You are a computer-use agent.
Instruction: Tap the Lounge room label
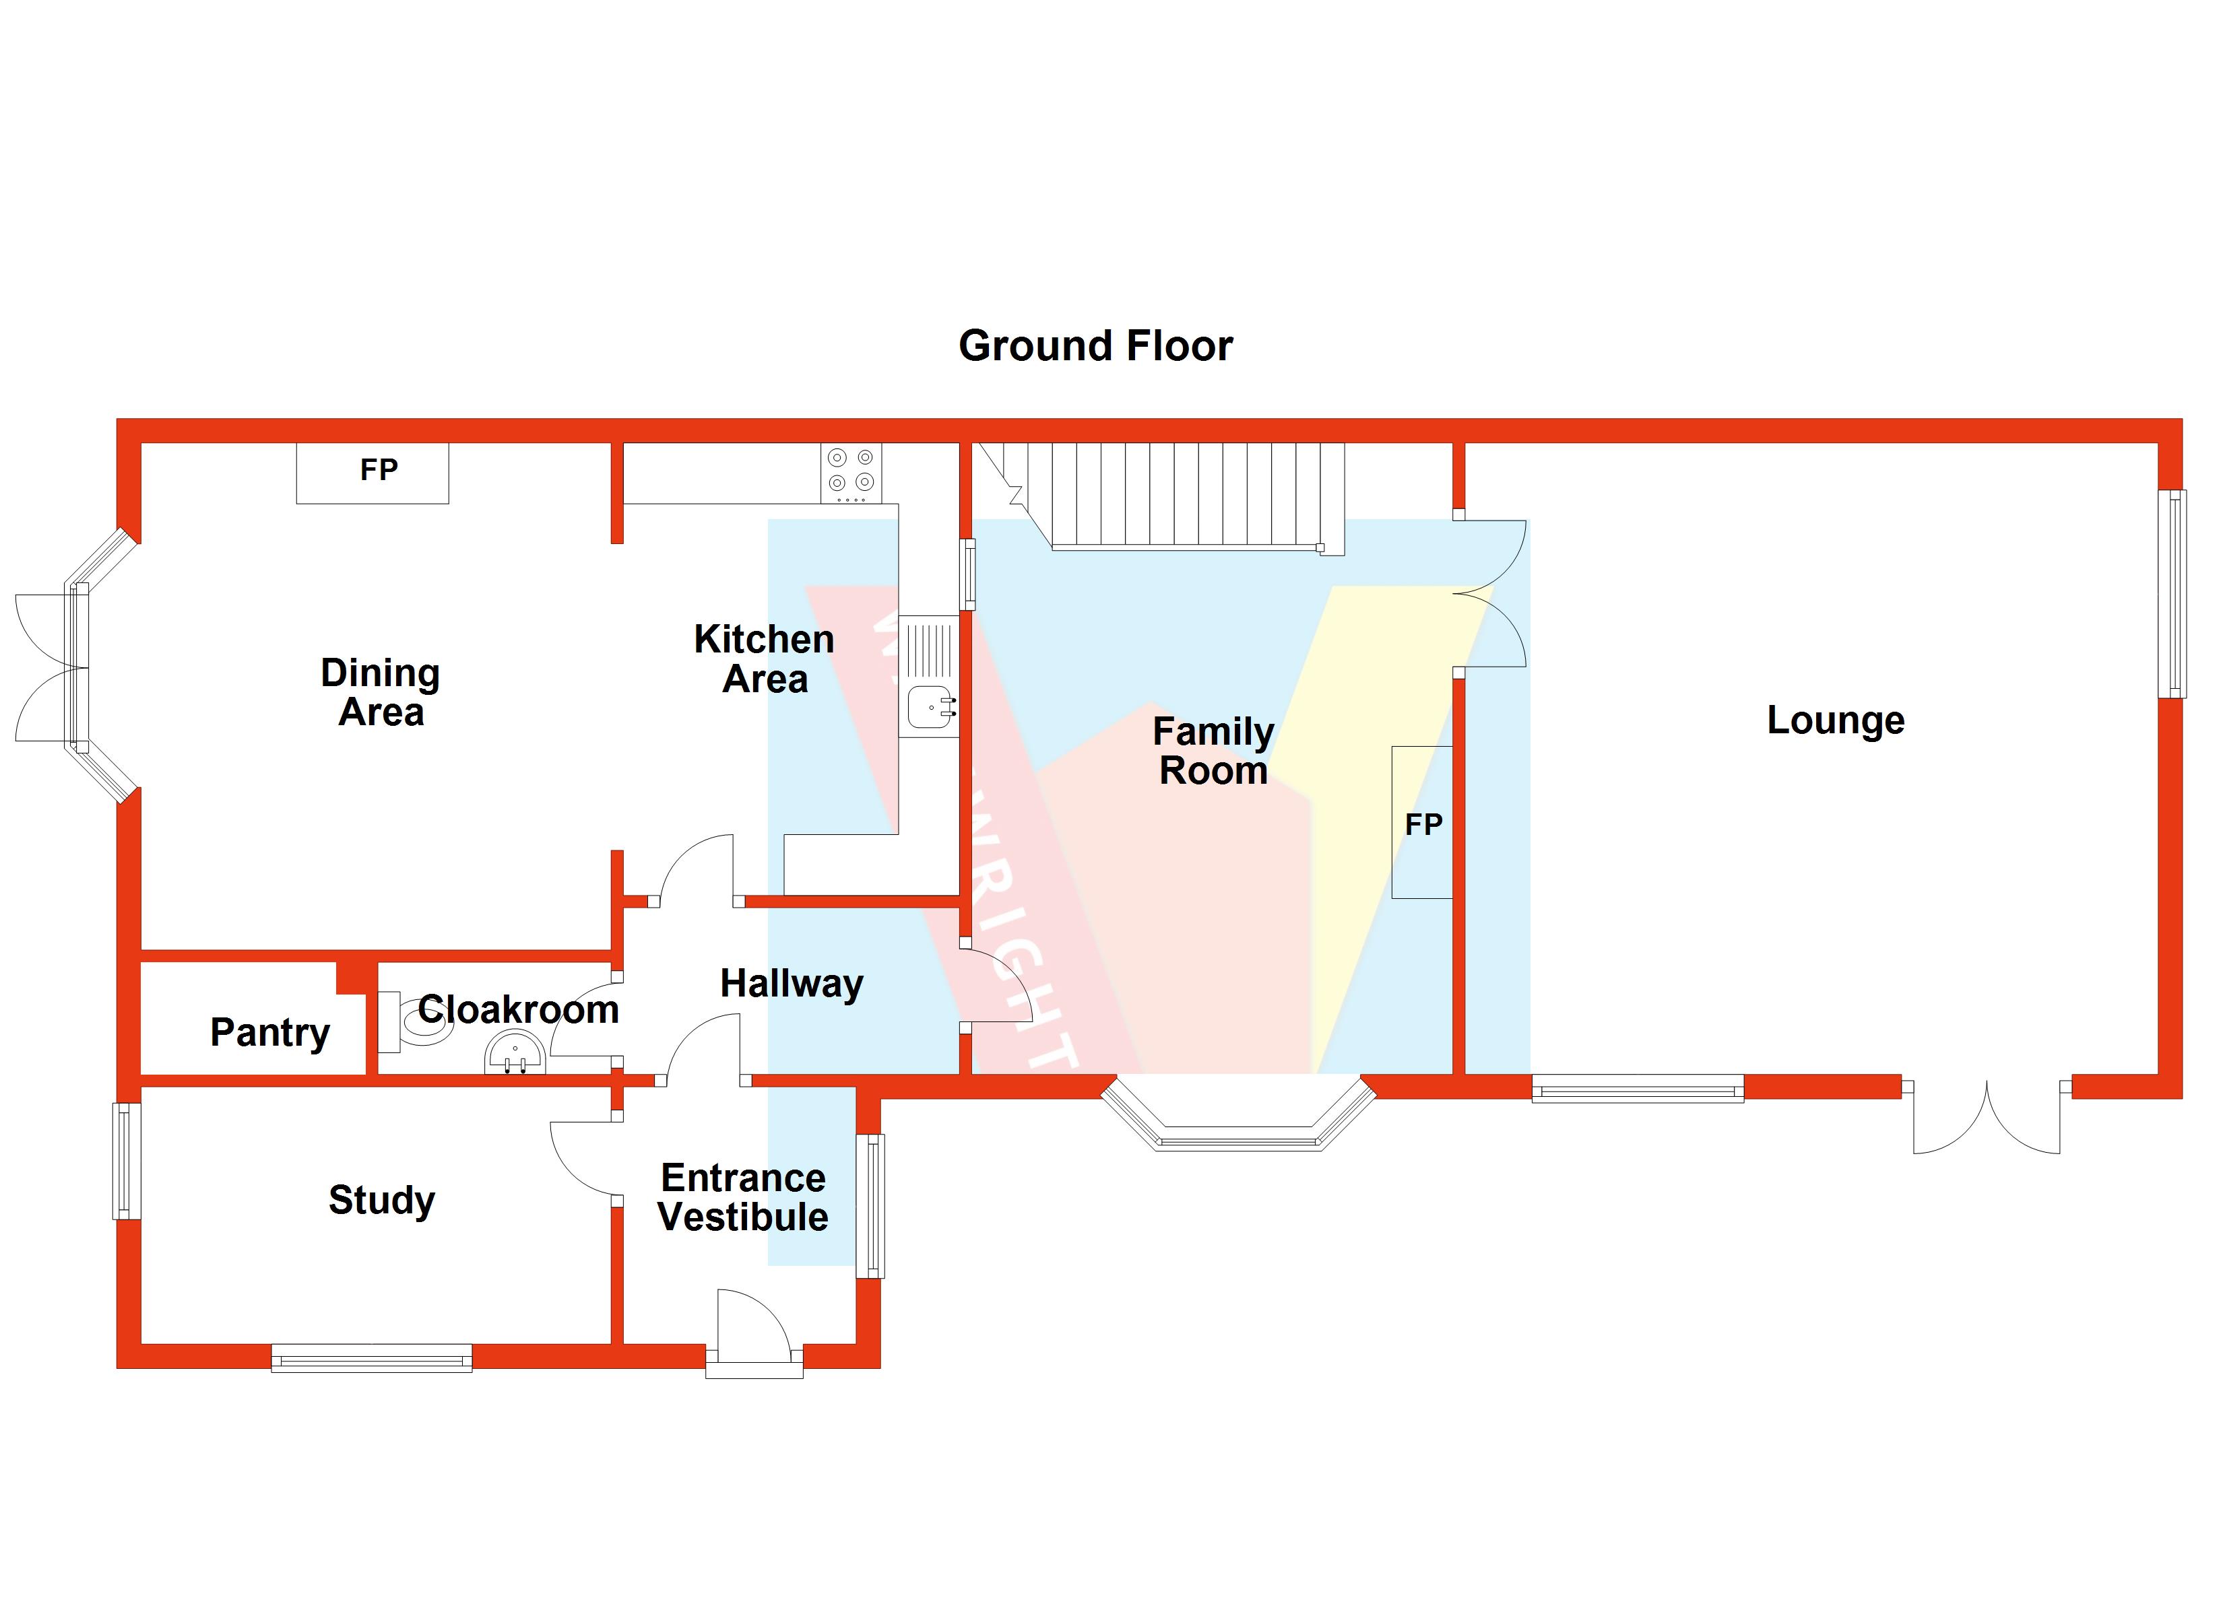(1835, 720)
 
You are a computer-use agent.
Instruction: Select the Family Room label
(1213, 751)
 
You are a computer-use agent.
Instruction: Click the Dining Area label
(381, 692)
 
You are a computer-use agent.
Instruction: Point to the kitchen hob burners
(851, 471)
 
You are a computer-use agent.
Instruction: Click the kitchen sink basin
(927, 706)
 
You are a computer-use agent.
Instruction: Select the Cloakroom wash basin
(515, 1055)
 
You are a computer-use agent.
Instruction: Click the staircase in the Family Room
(1176, 495)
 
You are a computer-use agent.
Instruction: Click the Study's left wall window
(127, 1161)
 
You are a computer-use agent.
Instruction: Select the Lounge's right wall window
(2172, 594)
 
